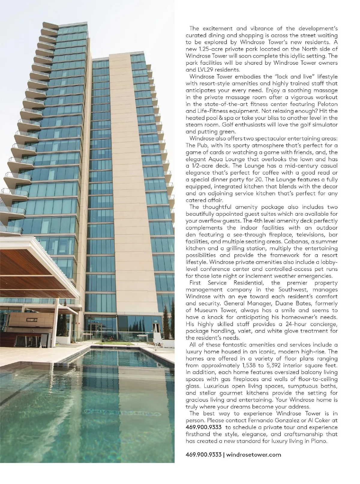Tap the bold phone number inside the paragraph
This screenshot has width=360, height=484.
(x=204, y=427)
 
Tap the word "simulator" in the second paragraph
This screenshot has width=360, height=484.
(x=325, y=125)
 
